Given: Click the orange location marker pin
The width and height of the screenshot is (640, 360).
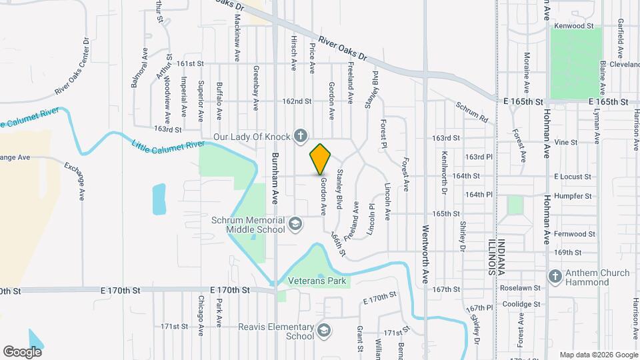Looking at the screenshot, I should click(321, 159).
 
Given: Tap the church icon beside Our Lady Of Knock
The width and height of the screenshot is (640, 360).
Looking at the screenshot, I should click(301, 137).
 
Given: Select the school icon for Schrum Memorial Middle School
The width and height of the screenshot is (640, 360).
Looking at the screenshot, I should click(295, 225).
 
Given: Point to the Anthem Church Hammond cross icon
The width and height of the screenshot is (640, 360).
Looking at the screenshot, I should click(554, 277).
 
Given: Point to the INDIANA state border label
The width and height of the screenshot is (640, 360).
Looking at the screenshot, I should click(502, 257).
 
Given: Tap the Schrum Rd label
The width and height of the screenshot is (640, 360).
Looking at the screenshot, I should click(472, 111).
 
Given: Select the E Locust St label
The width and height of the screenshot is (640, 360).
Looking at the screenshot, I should click(573, 177).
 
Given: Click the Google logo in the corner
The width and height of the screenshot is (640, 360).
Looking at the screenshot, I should click(22, 351).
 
